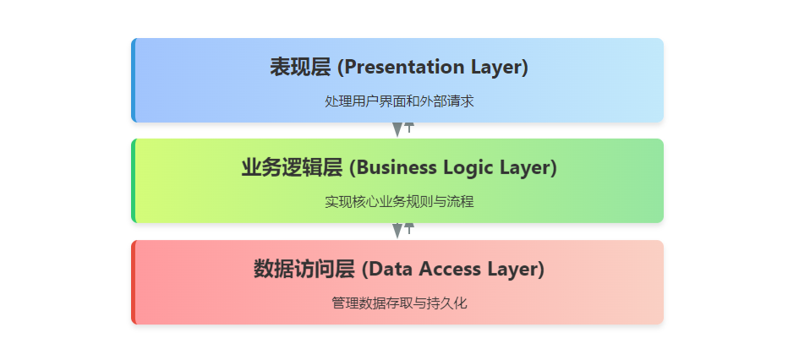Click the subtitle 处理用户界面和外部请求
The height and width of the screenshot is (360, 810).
(x=399, y=101)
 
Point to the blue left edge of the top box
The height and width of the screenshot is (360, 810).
(x=134, y=80)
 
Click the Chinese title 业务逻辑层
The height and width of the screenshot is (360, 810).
(x=292, y=168)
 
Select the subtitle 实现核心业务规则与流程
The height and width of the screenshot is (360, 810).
(x=399, y=202)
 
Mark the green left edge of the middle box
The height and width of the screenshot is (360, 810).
(x=134, y=181)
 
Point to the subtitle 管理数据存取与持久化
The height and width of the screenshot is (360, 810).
(x=399, y=303)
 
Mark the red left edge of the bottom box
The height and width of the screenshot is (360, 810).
(x=134, y=282)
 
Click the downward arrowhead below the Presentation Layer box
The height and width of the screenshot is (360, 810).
(x=397, y=130)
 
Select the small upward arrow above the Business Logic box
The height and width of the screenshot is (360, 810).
(x=409, y=128)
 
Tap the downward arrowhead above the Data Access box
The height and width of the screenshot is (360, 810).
(x=397, y=231)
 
